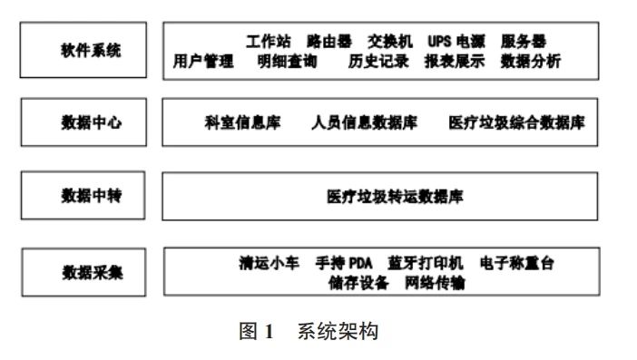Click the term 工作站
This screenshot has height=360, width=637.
tap(269, 42)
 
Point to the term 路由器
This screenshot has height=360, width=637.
tap(330, 42)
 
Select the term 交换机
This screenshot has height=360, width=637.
tap(390, 42)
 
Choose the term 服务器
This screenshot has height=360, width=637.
tap(524, 42)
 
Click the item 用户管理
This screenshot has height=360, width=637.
tap(203, 62)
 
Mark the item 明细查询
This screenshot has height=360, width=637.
tap(286, 62)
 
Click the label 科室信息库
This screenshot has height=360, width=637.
tap(243, 122)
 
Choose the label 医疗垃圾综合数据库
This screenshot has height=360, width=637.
tap(515, 122)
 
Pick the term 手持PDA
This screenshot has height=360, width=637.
tap(344, 263)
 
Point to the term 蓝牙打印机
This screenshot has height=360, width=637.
tap(425, 263)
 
